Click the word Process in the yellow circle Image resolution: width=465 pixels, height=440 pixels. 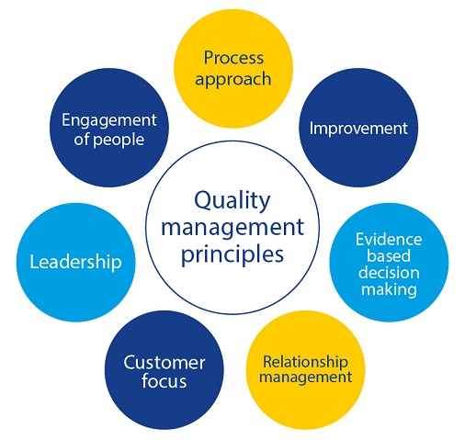[x=233, y=58]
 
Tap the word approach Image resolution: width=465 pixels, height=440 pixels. [x=233, y=80]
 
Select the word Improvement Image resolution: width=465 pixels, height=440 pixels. [x=358, y=129]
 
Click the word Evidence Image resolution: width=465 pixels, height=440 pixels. [x=389, y=239]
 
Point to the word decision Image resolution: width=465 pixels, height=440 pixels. [x=389, y=272]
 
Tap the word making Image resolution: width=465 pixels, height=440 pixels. [x=389, y=289]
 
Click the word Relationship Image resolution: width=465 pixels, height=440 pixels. [x=305, y=362]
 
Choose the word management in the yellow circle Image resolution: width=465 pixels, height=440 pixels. [x=305, y=378]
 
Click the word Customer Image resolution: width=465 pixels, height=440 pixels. [x=164, y=363]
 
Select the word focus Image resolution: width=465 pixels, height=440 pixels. [x=164, y=381]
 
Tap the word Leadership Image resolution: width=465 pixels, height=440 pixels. [x=75, y=263]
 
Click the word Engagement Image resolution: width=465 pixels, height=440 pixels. [x=109, y=120]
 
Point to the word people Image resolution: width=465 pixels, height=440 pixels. [x=119, y=141]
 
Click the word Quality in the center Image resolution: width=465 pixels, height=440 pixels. [x=232, y=201]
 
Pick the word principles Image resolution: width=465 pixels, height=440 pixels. [x=232, y=255]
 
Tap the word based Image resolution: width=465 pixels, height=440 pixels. [x=389, y=255]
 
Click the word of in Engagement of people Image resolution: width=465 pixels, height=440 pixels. [x=82, y=140]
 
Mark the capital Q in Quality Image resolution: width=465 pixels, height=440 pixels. [x=203, y=201]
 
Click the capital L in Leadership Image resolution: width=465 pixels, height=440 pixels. [x=35, y=262]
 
